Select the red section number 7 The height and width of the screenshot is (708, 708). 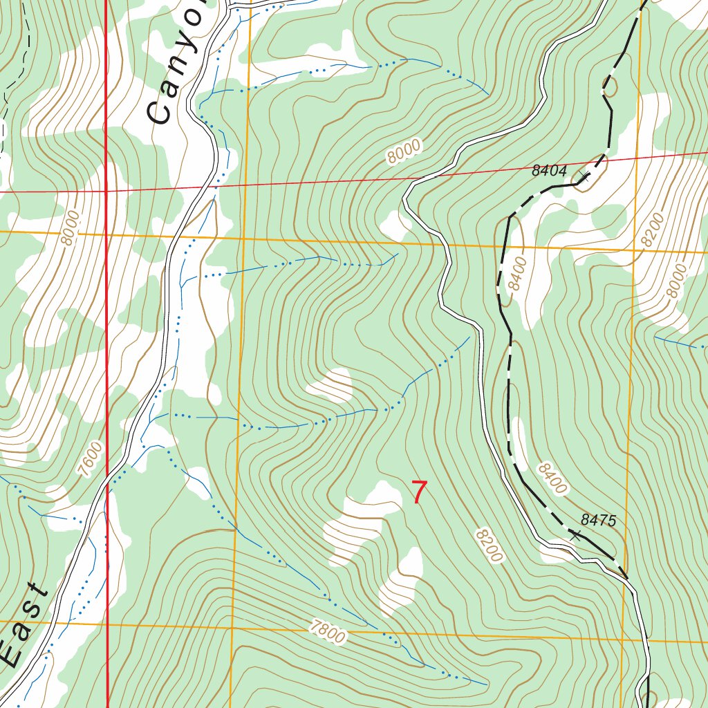419,492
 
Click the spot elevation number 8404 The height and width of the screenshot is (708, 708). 550,171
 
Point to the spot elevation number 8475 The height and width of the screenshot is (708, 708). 598,520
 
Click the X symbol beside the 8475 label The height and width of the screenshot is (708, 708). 575,534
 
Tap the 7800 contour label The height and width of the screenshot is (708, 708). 327,631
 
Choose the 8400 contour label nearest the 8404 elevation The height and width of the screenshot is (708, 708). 516,273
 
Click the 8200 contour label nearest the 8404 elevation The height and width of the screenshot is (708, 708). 651,231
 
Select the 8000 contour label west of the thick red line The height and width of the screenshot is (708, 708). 70,227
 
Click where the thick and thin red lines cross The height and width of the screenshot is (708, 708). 106,189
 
